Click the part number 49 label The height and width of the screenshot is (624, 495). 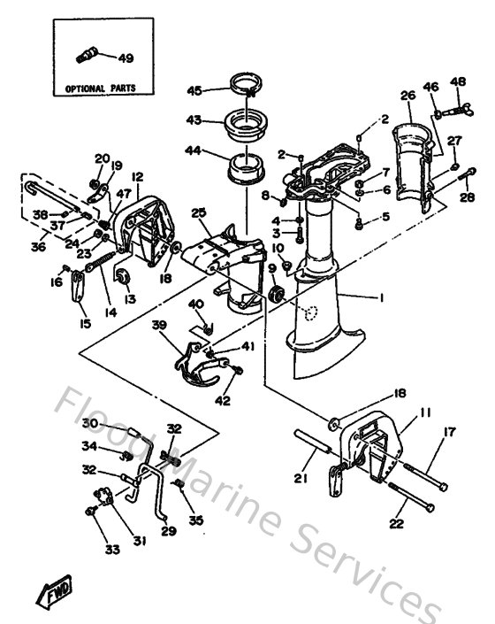pyautogui.click(x=126, y=58)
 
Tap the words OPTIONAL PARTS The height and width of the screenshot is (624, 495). pyautogui.click(x=99, y=89)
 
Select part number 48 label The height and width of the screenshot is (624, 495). pyautogui.click(x=458, y=83)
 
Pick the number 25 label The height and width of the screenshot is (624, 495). pyautogui.click(x=198, y=212)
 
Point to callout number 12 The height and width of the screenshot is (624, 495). pyautogui.click(x=138, y=177)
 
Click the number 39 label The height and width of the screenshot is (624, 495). pyautogui.click(x=159, y=327)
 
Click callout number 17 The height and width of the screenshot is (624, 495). pyautogui.click(x=450, y=432)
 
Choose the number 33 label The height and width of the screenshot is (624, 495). pyautogui.click(x=112, y=550)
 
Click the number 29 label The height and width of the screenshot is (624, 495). pyautogui.click(x=168, y=531)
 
